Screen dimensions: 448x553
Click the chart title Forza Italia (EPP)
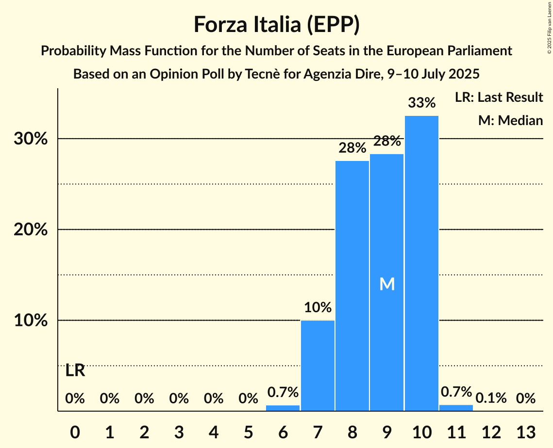[x=276, y=24]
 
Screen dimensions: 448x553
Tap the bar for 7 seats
[x=318, y=366]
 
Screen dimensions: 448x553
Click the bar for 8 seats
[x=352, y=286]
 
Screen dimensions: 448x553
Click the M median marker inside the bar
[x=387, y=284]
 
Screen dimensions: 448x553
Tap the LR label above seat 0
[x=75, y=371]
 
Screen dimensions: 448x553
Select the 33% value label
[x=421, y=103]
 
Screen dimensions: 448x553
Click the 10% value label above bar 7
[x=318, y=307]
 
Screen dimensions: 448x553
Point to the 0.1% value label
[x=491, y=399]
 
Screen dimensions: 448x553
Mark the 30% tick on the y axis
[x=30, y=139]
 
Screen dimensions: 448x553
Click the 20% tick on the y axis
[x=30, y=230]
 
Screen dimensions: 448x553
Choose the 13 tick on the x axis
[x=525, y=432]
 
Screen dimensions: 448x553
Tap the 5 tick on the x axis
[x=248, y=432]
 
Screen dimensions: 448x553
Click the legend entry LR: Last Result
[x=499, y=97]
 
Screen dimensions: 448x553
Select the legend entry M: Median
[x=510, y=120]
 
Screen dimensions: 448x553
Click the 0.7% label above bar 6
[x=283, y=392]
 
